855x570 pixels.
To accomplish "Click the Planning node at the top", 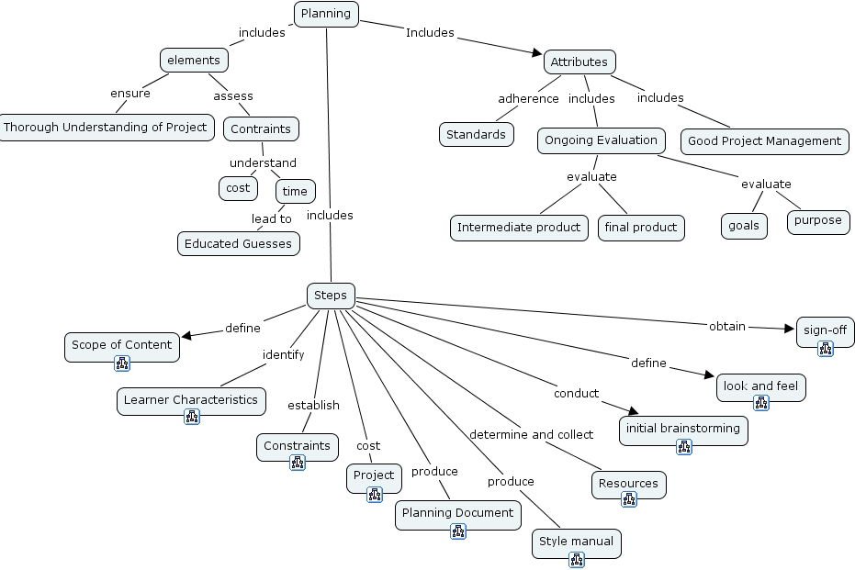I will (x=326, y=13).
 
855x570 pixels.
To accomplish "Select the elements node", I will (x=194, y=60).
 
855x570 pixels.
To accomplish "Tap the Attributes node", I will (x=579, y=61).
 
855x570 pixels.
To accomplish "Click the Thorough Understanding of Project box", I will (x=106, y=127).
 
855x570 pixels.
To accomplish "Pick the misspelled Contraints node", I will (x=261, y=129).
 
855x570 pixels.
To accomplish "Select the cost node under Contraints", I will (x=238, y=187).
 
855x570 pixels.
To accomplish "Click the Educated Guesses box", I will (x=238, y=243).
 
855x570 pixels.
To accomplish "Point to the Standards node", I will (x=476, y=134).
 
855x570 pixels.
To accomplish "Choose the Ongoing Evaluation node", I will (x=602, y=140).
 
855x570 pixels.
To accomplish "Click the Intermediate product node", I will (x=519, y=227).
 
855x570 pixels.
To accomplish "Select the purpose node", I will (x=817, y=220).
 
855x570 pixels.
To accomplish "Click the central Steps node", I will (x=331, y=295).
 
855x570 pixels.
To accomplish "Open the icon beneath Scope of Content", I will (x=122, y=363).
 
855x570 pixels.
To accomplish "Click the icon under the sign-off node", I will (x=825, y=348).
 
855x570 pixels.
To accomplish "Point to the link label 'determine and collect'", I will (x=532, y=434).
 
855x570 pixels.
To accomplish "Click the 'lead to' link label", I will (x=272, y=218).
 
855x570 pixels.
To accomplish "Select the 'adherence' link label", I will (x=528, y=98).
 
